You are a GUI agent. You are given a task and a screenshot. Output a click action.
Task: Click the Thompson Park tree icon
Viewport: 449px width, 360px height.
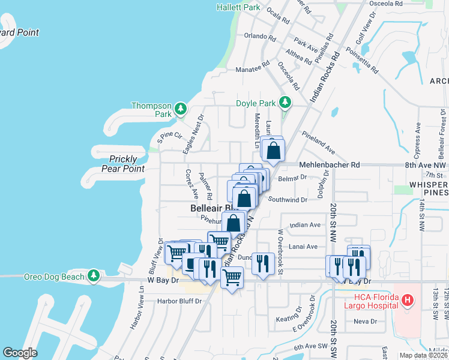[181, 109]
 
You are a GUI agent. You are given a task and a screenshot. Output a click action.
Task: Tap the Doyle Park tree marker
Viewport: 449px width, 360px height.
[286, 103]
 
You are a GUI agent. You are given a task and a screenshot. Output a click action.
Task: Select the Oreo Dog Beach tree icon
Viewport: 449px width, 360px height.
[93, 275]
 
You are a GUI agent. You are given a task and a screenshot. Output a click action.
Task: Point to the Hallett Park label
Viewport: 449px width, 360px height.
[239, 8]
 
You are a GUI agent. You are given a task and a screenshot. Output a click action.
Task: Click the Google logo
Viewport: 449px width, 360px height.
[20, 353]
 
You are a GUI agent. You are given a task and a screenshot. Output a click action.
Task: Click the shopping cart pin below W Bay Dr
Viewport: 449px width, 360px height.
[232, 278]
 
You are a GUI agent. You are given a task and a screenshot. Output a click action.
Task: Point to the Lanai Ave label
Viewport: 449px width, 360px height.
[303, 246]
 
